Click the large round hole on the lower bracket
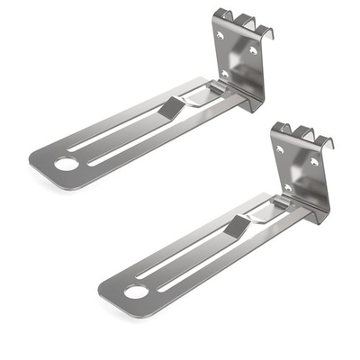[135, 291]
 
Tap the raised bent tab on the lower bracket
[237, 226]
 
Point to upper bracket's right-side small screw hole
[253, 51]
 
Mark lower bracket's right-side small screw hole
[314, 162]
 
